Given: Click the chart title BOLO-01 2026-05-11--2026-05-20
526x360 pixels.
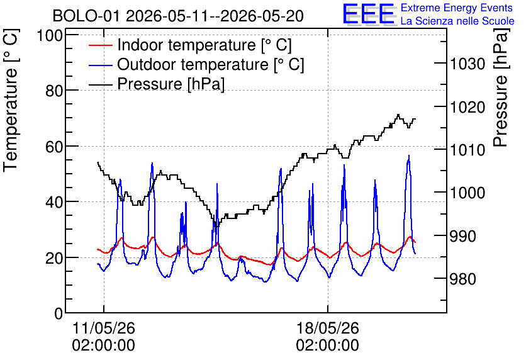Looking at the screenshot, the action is (x=178, y=16).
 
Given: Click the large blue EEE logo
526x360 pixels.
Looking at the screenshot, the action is (x=369, y=14).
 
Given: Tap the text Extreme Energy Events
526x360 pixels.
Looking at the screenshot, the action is (x=457, y=8).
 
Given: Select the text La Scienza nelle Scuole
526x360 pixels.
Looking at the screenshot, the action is (x=457, y=21).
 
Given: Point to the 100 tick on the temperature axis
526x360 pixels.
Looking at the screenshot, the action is (x=50, y=35).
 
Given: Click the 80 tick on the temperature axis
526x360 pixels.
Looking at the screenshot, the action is (x=54, y=91).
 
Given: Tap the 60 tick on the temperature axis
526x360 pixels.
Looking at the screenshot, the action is (x=54, y=147).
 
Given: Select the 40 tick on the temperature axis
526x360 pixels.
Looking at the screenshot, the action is (x=54, y=202).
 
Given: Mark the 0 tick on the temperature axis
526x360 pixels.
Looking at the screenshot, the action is (x=59, y=313).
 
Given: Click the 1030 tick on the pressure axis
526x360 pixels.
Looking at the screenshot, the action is (x=467, y=64).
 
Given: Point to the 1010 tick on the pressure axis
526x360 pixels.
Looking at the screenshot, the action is (x=467, y=150).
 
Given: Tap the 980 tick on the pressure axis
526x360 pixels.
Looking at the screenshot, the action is (x=462, y=279).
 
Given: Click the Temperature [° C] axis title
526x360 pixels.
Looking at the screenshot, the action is (x=11, y=101).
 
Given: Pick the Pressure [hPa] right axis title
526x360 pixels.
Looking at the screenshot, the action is (x=501, y=87).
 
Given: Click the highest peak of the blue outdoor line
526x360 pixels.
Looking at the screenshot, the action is (x=408, y=155).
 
